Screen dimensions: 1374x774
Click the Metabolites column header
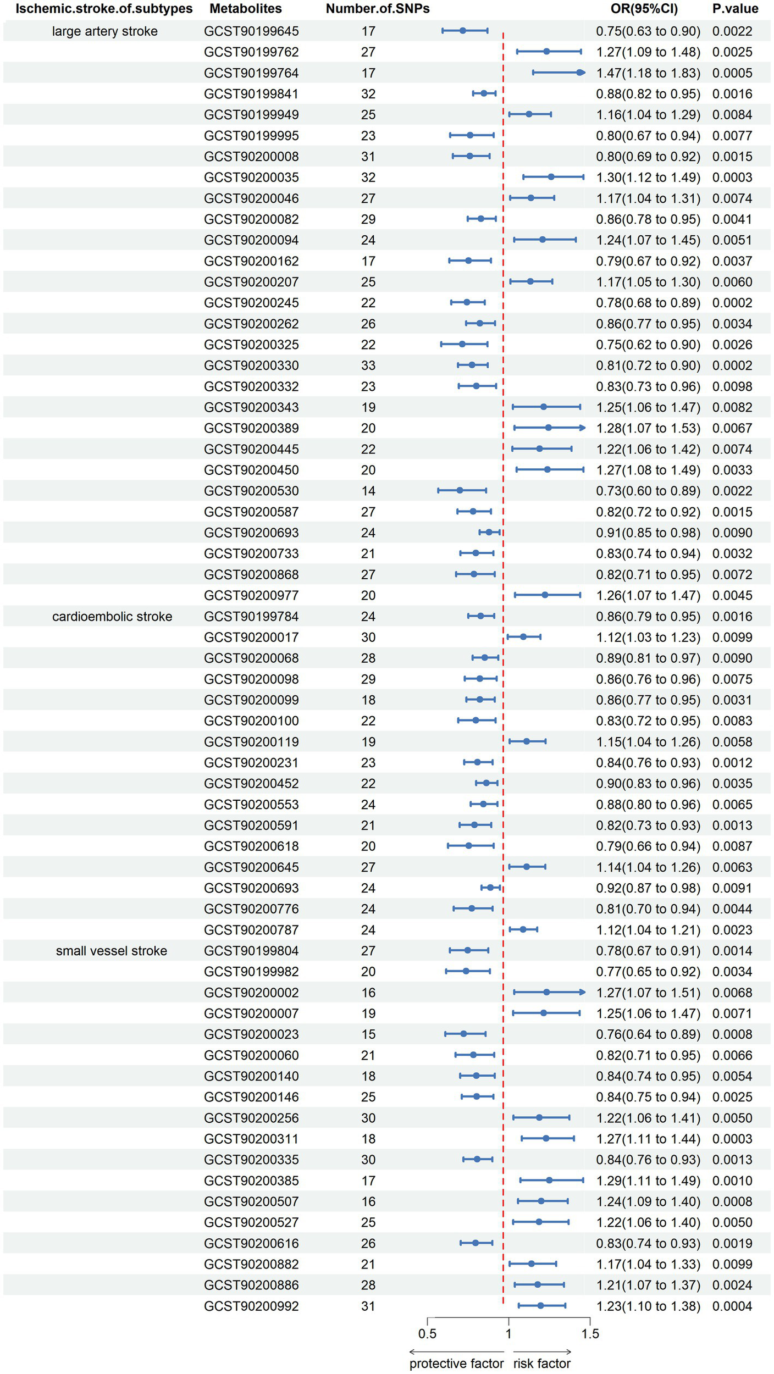coord(246,9)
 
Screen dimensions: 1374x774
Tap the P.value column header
coord(735,9)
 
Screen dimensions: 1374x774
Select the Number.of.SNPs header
coord(378,9)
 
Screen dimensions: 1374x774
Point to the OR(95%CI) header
coord(644,9)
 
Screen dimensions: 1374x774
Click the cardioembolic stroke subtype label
coord(112,617)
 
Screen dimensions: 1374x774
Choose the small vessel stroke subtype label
coord(112,951)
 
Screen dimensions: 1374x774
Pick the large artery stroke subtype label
coord(105,31)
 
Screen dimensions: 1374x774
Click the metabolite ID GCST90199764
coord(251,73)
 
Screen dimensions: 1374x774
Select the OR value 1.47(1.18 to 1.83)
coord(648,73)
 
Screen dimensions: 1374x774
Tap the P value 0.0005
coord(732,73)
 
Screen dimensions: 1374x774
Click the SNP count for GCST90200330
coord(368,365)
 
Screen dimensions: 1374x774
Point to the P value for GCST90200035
coord(732,178)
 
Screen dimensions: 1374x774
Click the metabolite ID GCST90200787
coord(251,930)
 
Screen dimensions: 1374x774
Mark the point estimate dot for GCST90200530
coord(460,490)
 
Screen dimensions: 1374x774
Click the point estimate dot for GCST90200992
coord(541,1306)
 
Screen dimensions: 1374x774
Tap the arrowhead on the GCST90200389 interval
coord(582,428)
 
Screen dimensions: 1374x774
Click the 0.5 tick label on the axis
coord(427,1334)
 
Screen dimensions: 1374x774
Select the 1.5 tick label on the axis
coord(590,1334)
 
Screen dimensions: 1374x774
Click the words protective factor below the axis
coord(456,1364)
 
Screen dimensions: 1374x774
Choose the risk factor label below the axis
coord(542,1364)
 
